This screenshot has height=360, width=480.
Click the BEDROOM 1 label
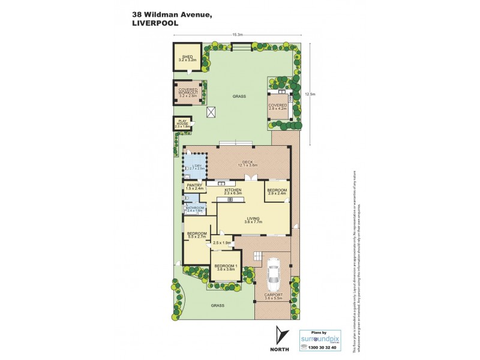(x=226, y=267)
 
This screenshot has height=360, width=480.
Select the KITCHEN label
(x=233, y=191)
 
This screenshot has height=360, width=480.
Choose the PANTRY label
(x=194, y=187)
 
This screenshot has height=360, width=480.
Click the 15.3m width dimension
(x=237, y=35)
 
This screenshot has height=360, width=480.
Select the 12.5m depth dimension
(x=310, y=94)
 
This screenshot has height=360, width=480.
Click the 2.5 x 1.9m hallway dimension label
(x=221, y=242)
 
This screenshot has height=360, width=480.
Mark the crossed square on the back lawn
(x=211, y=112)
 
